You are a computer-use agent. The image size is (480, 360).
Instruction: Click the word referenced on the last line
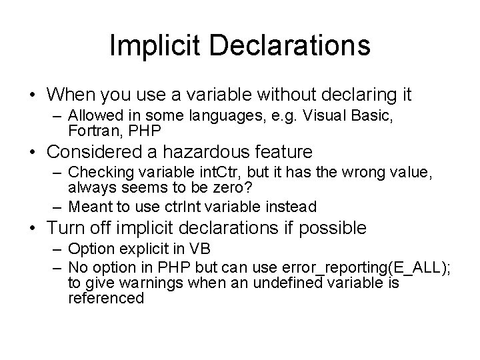[x=106, y=298]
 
